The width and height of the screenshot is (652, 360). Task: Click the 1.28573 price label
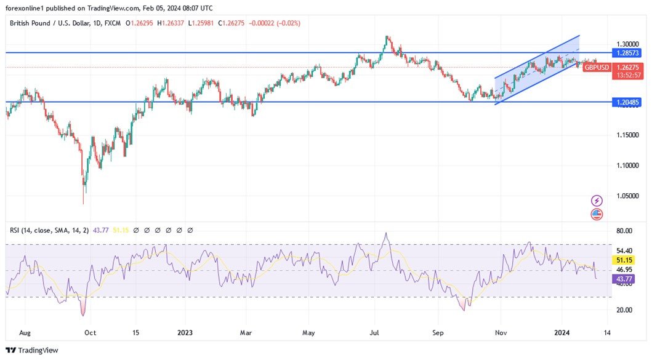tap(627, 53)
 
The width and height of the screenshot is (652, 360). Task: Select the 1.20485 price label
tap(627, 102)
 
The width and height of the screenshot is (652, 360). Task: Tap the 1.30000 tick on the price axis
tap(627, 44)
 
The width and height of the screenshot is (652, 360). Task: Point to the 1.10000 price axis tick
tap(627, 166)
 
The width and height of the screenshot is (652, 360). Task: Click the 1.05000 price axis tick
tap(627, 196)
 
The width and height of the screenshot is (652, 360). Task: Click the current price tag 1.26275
tap(628, 67)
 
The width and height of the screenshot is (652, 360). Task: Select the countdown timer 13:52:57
tap(628, 75)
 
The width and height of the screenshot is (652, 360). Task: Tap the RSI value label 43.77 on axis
tap(624, 279)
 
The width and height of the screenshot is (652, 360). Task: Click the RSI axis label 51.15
tap(624, 260)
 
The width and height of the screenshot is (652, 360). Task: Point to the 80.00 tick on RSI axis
tap(624, 231)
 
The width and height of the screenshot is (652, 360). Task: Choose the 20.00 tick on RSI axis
tap(624, 310)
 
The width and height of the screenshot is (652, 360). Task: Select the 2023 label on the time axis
tap(185, 333)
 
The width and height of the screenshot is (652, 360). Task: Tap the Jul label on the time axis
tap(374, 333)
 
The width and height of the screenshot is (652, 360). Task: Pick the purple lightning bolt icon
tap(597, 201)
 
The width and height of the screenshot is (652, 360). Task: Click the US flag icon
tap(597, 214)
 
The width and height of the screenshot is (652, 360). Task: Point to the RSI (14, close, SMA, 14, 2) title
tap(49, 230)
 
